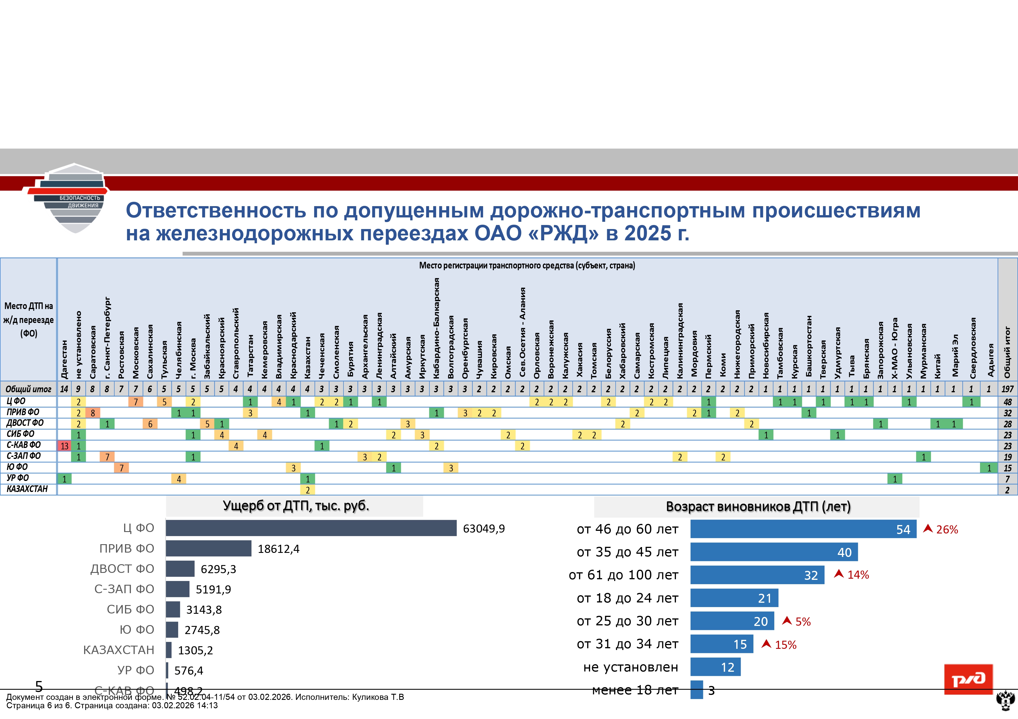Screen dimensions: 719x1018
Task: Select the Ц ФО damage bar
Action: click(x=311, y=528)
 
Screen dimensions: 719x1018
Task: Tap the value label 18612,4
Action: click(x=279, y=549)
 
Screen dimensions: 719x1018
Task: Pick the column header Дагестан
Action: click(x=64, y=359)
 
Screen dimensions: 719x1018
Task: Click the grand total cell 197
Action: click(x=1007, y=389)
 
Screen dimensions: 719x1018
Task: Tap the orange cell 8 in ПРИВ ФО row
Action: click(x=93, y=413)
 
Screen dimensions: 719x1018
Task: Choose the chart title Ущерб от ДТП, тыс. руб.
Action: click(x=296, y=506)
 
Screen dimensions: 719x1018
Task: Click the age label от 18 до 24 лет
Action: click(x=628, y=598)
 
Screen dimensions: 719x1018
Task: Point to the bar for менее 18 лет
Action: click(x=697, y=690)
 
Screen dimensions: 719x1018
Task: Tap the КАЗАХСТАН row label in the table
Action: click(x=27, y=489)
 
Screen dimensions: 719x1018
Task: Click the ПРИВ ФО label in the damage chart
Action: click(x=127, y=549)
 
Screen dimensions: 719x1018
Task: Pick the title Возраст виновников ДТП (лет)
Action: click(x=758, y=507)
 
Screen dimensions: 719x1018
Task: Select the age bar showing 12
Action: click(x=715, y=667)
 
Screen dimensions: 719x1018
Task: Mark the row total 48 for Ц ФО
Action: click(x=1007, y=402)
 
